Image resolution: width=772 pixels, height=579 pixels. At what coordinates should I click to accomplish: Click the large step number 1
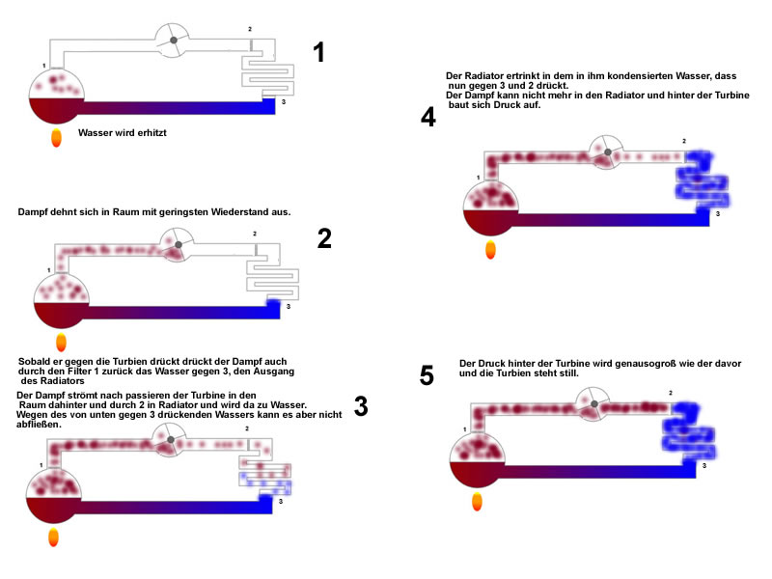click(x=319, y=52)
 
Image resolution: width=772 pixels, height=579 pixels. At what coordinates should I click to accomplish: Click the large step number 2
click(x=324, y=238)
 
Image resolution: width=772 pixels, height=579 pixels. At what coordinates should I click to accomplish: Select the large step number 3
click(x=361, y=406)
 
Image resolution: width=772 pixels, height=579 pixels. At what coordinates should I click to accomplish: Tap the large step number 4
click(x=428, y=117)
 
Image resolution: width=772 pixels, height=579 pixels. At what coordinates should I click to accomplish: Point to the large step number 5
click(x=427, y=375)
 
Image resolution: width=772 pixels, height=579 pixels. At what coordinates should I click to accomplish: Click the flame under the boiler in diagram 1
click(x=57, y=137)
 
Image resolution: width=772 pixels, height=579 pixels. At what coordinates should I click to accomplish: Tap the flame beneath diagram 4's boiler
click(x=490, y=250)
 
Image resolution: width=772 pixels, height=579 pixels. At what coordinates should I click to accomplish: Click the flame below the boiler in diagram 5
click(x=477, y=501)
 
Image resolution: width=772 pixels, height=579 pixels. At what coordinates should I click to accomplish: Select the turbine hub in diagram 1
click(x=174, y=40)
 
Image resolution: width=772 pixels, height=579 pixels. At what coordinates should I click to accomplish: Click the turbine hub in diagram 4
click(x=608, y=152)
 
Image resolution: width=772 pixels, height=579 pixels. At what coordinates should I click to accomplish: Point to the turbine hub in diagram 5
click(x=594, y=403)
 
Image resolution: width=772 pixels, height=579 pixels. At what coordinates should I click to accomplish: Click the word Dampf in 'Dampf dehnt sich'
click(x=33, y=212)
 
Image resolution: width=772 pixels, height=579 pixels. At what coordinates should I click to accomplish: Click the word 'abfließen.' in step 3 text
click(x=39, y=425)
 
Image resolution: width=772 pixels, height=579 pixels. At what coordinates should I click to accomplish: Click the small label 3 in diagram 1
click(x=284, y=102)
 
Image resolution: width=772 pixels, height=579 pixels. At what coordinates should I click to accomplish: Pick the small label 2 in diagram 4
click(x=684, y=141)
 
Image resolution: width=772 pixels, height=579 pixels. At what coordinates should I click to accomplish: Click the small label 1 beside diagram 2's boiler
click(x=49, y=270)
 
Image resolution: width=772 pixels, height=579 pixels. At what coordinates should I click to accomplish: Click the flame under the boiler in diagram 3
click(x=54, y=538)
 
